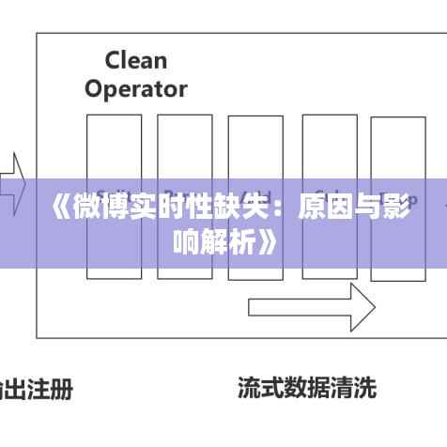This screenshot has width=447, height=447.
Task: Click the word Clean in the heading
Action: tap(135, 61)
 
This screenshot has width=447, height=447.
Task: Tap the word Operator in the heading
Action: tap(135, 89)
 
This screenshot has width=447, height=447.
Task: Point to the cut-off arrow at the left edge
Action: tap(11, 184)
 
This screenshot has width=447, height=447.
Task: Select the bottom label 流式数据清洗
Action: tap(306, 387)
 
